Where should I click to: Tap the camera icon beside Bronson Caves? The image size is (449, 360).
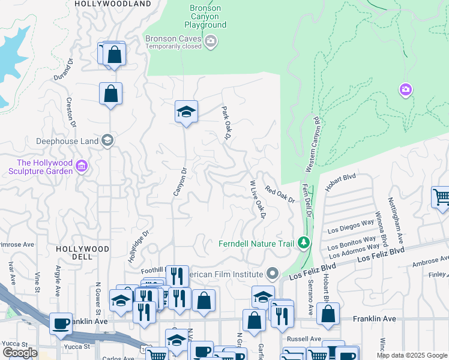pos(210,41)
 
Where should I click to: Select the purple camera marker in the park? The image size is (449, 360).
pos(406,90)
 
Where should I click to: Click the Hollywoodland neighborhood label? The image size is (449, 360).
pos(113,4)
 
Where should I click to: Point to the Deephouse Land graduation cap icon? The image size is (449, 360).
pos(107,141)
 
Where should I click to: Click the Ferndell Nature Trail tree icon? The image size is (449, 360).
pos(304,243)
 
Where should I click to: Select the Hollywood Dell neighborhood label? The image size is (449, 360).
pos(83,252)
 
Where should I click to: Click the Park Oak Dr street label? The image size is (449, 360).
pos(226,123)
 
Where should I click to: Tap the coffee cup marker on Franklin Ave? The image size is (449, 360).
pos(61,323)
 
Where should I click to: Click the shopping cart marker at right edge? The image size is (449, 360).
pos(441,196)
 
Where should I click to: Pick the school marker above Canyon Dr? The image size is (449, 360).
pos(187,111)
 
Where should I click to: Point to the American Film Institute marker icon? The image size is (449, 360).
pos(273,274)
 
